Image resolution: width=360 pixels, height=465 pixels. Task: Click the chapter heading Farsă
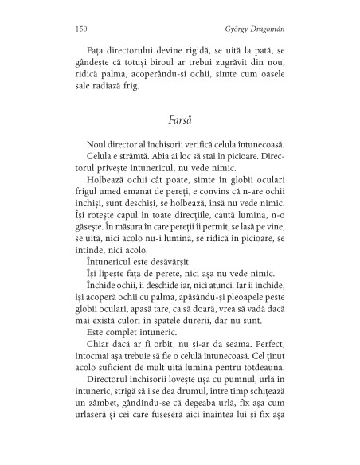(179, 123)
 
